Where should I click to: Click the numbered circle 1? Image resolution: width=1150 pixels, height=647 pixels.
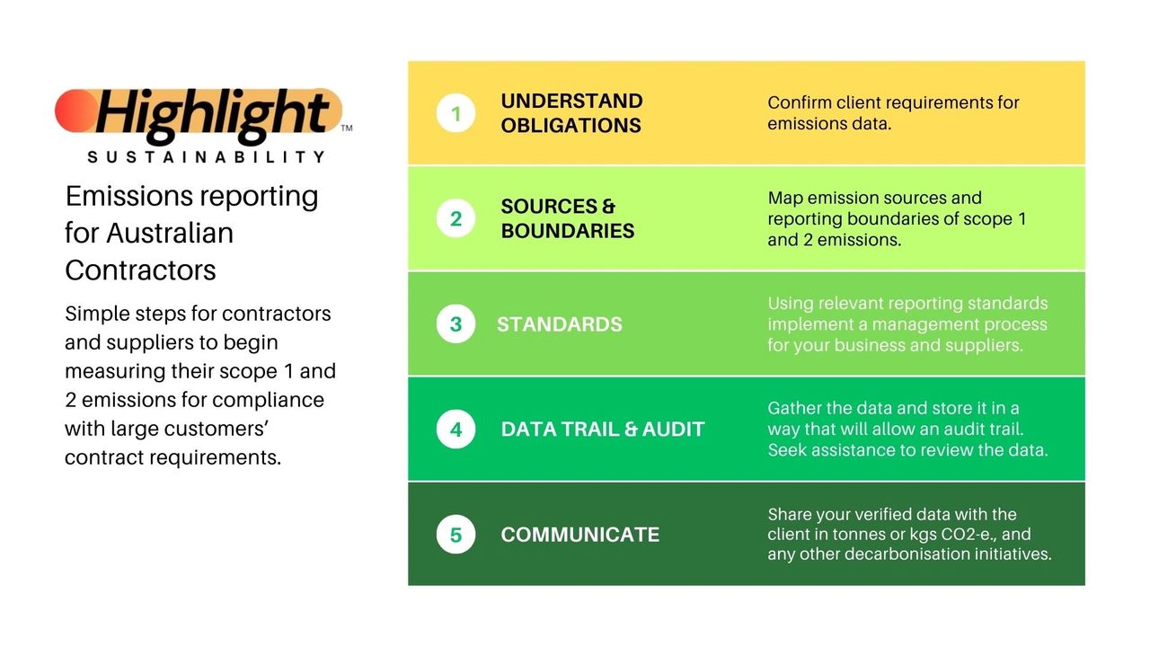tap(456, 113)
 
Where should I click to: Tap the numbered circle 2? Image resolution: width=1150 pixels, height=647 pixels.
tap(456, 218)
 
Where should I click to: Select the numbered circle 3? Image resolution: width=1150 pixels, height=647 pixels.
tap(456, 324)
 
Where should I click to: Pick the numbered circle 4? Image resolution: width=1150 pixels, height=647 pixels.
tap(456, 430)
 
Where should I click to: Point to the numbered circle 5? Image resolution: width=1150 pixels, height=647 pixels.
tap(456, 535)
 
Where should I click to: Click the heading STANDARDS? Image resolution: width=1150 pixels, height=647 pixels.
tap(559, 324)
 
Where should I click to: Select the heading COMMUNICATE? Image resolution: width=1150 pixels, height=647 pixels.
tap(580, 535)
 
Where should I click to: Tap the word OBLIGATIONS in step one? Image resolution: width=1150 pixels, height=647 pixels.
tap(571, 125)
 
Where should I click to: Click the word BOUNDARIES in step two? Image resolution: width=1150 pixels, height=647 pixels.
tap(568, 231)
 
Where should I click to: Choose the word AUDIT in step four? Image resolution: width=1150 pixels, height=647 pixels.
tap(673, 430)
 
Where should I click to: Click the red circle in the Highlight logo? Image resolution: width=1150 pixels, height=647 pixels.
tap(76, 111)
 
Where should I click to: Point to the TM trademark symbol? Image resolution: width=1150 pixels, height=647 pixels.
tap(347, 128)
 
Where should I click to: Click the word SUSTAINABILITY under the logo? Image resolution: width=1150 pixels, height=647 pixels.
tap(207, 156)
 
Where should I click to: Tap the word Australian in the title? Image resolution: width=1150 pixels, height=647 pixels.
tap(170, 233)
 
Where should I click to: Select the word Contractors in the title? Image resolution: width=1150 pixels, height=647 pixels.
tap(140, 270)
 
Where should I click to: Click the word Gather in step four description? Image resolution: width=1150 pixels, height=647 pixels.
tap(794, 408)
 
